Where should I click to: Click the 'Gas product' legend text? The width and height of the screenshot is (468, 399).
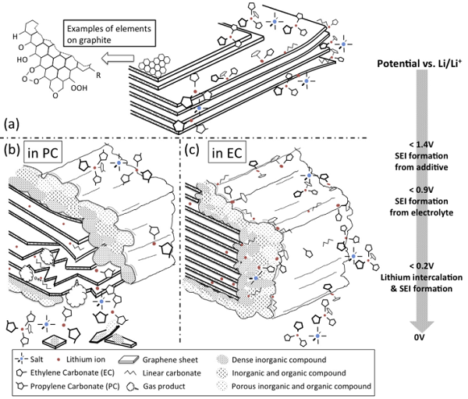point(204,386)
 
